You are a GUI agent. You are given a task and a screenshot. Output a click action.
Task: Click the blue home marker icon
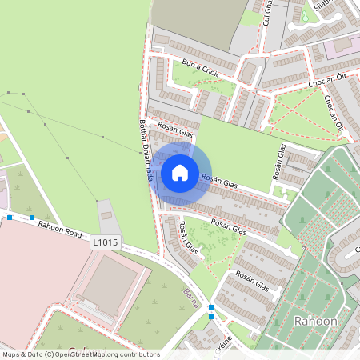179,173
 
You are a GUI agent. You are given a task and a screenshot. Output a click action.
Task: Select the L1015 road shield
105,242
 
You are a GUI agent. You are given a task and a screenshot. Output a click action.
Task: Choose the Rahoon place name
315,321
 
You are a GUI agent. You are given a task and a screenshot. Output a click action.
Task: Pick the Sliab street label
322,6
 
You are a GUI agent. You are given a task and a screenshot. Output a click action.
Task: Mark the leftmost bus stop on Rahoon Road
10,217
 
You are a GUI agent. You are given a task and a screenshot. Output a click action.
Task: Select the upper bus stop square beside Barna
211,307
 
